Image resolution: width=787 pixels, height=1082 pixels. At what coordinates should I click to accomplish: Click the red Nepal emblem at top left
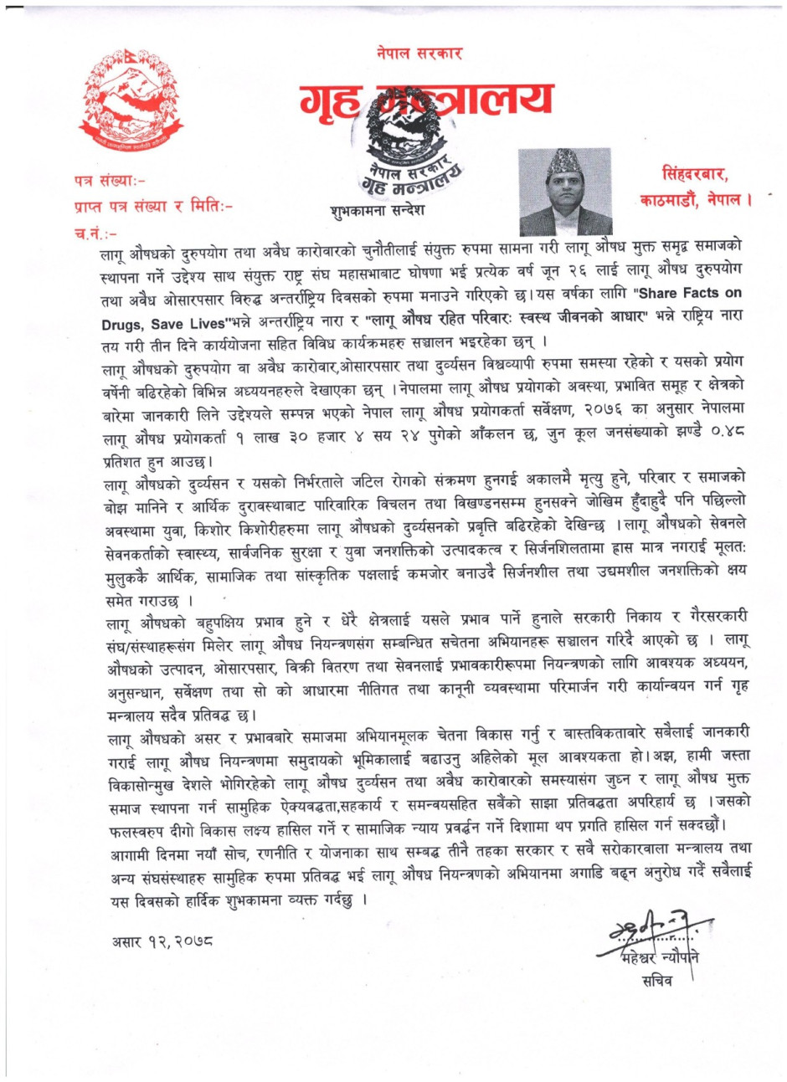pos(130,100)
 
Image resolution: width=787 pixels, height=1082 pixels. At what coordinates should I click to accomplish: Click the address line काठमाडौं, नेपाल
pos(696,201)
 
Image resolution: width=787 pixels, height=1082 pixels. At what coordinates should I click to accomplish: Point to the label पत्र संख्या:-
pos(111,180)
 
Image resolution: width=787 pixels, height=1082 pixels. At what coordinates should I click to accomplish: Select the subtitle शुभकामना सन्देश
pos(378,211)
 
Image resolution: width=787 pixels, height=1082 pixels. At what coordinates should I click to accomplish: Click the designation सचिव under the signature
pos(656,981)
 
